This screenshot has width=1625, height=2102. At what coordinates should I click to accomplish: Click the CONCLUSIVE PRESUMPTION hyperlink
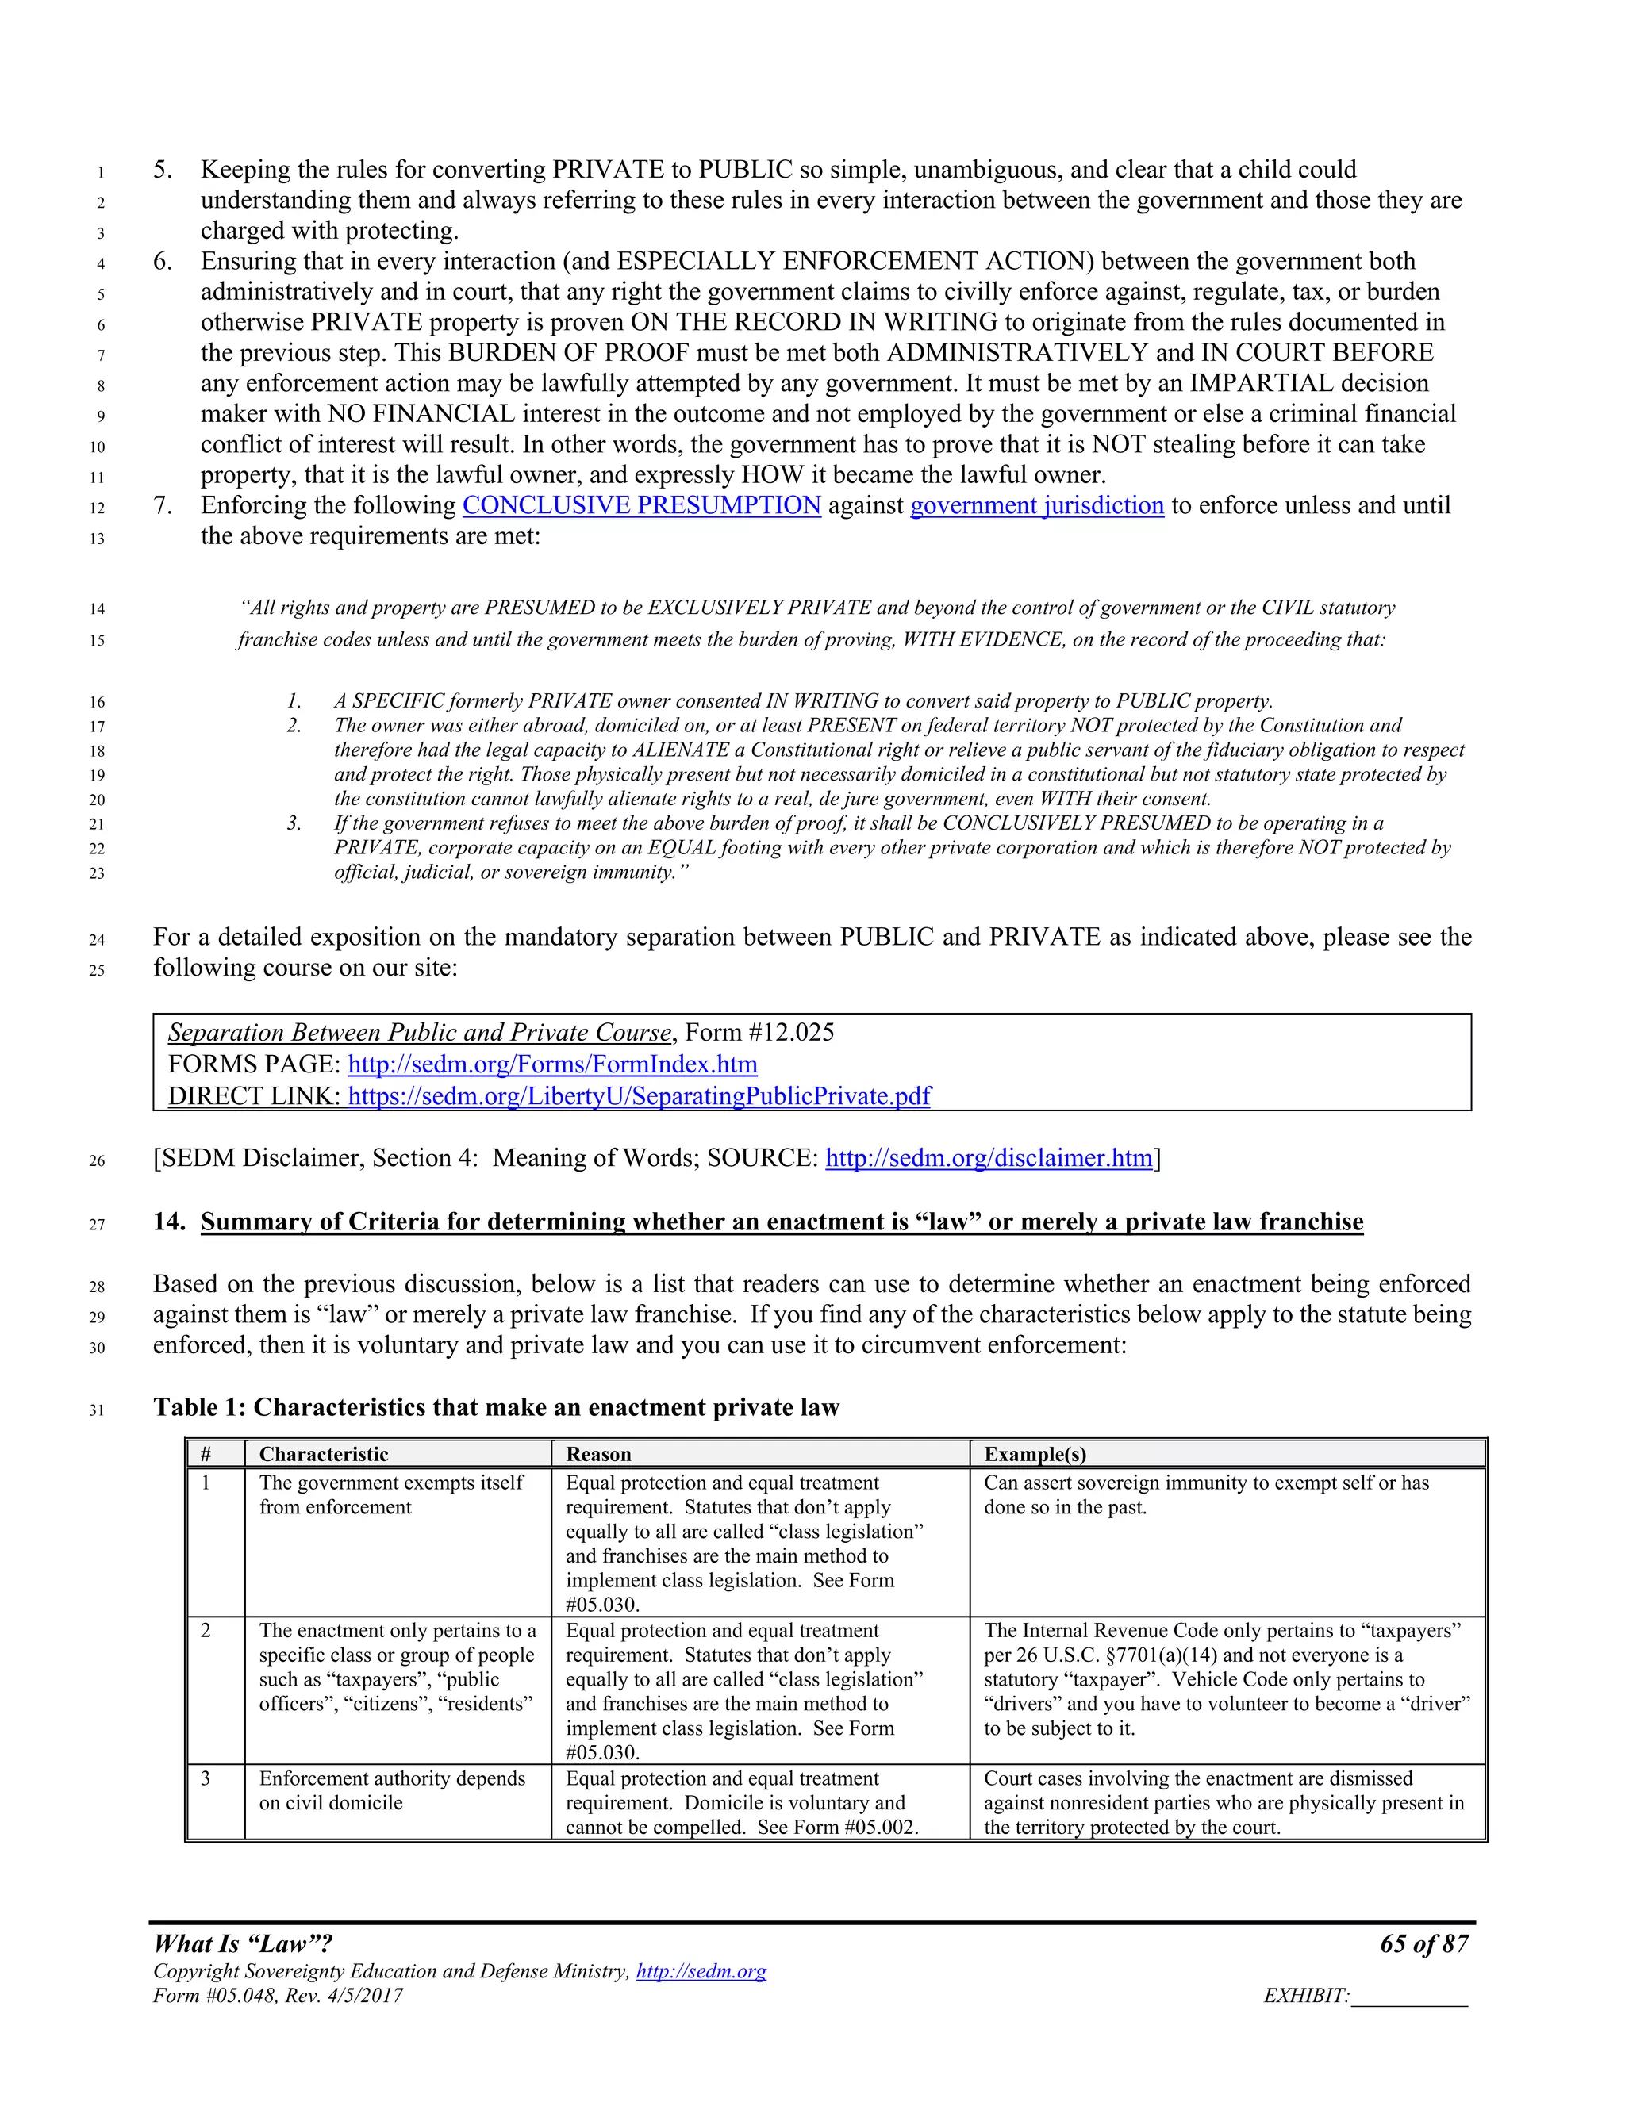(x=641, y=505)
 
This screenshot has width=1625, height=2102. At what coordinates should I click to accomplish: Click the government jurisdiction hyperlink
(x=1037, y=505)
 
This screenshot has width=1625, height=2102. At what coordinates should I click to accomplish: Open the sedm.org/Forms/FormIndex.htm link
(x=552, y=1064)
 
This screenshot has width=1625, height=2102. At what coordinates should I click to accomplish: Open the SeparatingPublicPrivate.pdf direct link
(x=640, y=1096)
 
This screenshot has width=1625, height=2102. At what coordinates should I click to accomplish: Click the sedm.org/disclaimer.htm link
(x=989, y=1158)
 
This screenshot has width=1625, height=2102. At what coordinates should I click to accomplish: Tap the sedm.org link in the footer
(x=701, y=1971)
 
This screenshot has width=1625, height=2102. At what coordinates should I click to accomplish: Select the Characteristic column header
(x=324, y=1454)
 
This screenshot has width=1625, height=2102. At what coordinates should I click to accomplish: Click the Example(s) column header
(x=1035, y=1454)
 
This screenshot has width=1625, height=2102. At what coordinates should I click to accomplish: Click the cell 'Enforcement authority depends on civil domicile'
(x=392, y=1790)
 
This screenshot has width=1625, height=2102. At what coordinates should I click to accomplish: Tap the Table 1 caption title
(x=496, y=1408)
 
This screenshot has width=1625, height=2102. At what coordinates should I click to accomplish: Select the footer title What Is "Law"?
(x=243, y=1944)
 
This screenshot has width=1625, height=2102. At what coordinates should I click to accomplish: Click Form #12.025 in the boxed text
(x=759, y=1033)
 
